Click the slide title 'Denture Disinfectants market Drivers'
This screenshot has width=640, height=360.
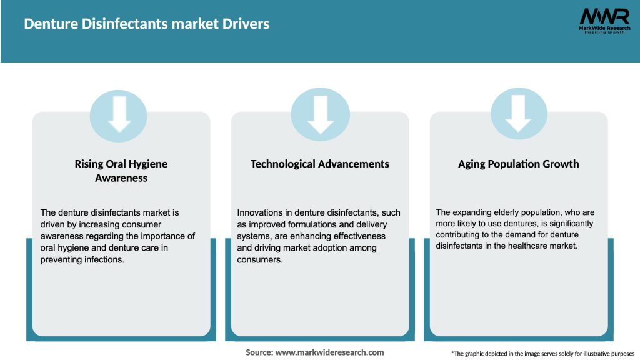coord(147,24)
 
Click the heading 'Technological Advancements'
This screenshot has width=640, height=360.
coord(320,164)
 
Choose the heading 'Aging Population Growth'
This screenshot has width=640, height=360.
coord(519,164)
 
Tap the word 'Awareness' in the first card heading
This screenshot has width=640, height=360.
coord(121,177)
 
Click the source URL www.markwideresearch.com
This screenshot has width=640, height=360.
coord(330,352)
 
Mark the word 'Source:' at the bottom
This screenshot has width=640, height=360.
coord(259,352)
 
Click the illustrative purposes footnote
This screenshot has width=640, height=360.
coord(542,354)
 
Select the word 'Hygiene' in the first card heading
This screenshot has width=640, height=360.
coord(147,164)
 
